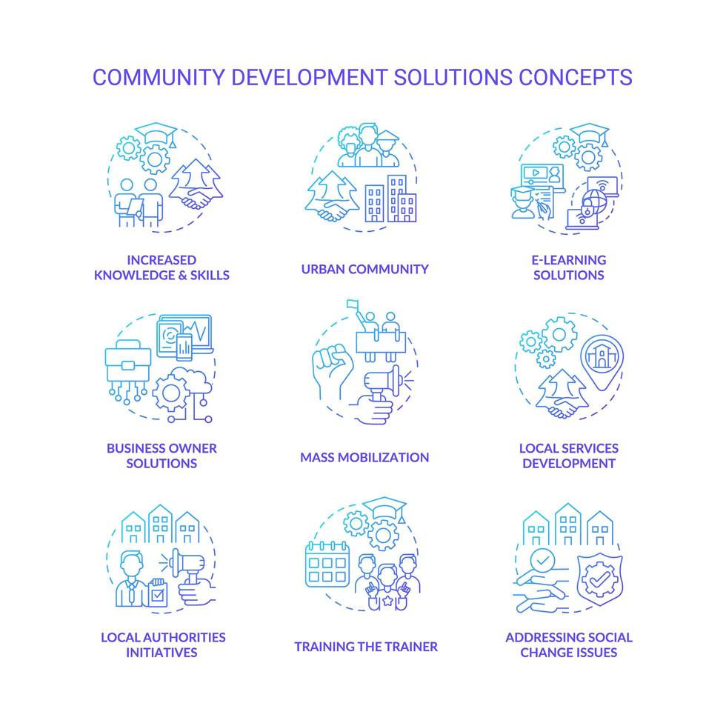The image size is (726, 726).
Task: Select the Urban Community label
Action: point(364,269)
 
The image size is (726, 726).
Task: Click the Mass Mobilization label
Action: point(364,457)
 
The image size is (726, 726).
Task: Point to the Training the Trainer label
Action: point(366,646)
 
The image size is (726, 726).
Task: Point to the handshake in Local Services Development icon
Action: point(562,405)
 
